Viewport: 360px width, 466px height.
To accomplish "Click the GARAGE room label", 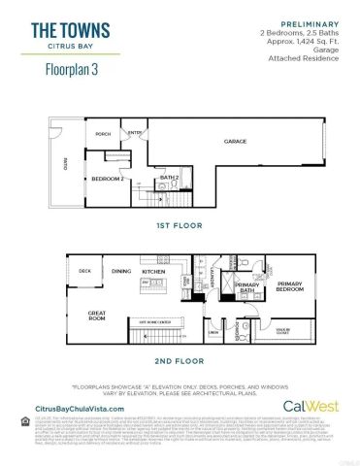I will [x=236, y=142].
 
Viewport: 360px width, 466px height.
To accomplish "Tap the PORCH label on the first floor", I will [x=103, y=134].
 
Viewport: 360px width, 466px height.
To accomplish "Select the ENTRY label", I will [x=136, y=133].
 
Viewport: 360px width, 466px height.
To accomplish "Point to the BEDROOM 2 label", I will [x=106, y=179].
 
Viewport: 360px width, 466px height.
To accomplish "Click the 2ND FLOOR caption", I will [x=179, y=360].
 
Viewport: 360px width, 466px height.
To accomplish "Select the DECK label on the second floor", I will [x=85, y=271].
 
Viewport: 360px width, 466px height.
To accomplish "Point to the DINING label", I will [x=120, y=271].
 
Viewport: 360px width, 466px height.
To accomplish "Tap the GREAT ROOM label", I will [x=97, y=315].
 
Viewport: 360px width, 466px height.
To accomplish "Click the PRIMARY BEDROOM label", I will [x=290, y=286].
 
